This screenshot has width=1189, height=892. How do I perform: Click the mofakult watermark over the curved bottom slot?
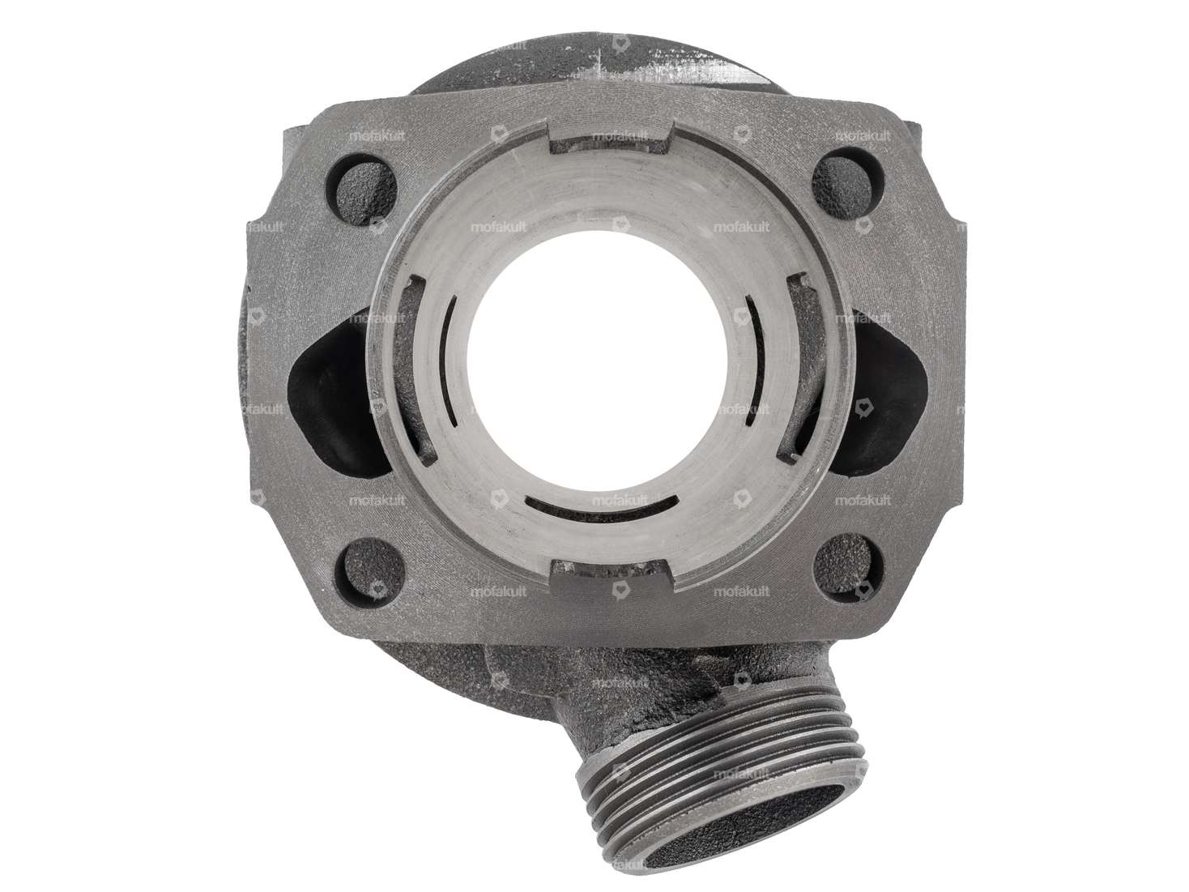click(620, 501)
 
